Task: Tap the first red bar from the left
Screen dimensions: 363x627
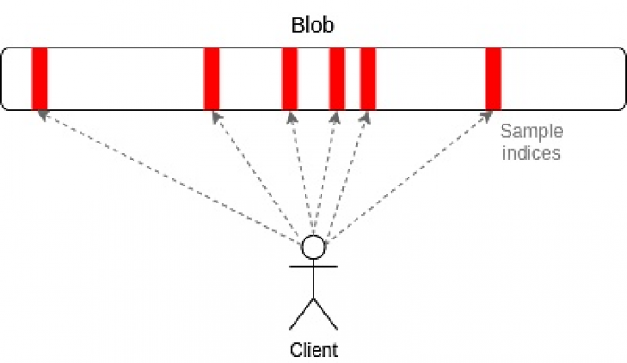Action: [x=39, y=78]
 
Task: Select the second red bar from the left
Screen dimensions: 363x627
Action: [x=211, y=78]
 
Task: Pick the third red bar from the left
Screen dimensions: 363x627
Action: [x=289, y=78]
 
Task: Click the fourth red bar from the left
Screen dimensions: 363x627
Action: [x=337, y=78]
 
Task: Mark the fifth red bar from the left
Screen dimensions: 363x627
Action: [x=367, y=78]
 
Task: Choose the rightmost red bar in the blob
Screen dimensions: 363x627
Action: [x=493, y=78]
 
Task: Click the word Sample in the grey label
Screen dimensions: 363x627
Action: [x=531, y=132]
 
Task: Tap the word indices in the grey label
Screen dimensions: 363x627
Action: [x=531, y=152]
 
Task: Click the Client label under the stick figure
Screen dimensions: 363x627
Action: [x=313, y=350]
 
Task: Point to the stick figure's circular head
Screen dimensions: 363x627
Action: [x=313, y=246]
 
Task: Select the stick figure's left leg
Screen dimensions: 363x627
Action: [x=302, y=314]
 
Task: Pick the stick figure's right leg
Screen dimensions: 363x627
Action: [x=324, y=314]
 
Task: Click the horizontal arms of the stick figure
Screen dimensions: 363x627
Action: [x=313, y=267]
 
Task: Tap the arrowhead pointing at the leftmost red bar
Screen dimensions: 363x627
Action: [x=40, y=114]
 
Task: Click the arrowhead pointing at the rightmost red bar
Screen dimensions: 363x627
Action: [x=490, y=114]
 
